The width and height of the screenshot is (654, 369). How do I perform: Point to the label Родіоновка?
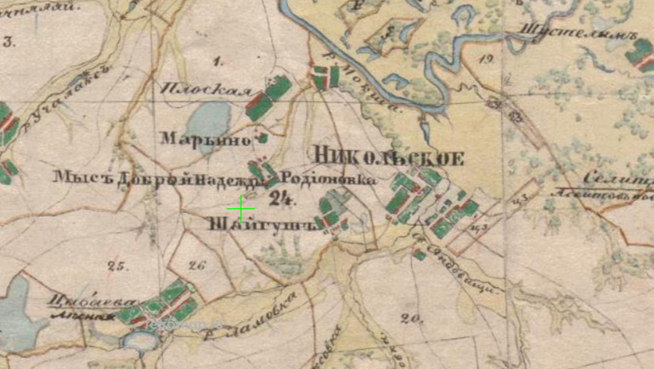pos(330,180)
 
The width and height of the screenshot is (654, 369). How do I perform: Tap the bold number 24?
pos(281,200)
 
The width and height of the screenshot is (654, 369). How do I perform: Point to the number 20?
pos(410,318)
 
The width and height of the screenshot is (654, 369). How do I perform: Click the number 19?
pos(487,60)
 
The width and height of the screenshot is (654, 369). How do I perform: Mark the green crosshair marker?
pos(241,209)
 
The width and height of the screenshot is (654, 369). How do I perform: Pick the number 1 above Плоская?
pos(218,61)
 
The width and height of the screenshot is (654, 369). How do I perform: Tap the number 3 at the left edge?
pos(8,43)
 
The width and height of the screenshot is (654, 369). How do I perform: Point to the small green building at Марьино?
pos(263,137)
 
